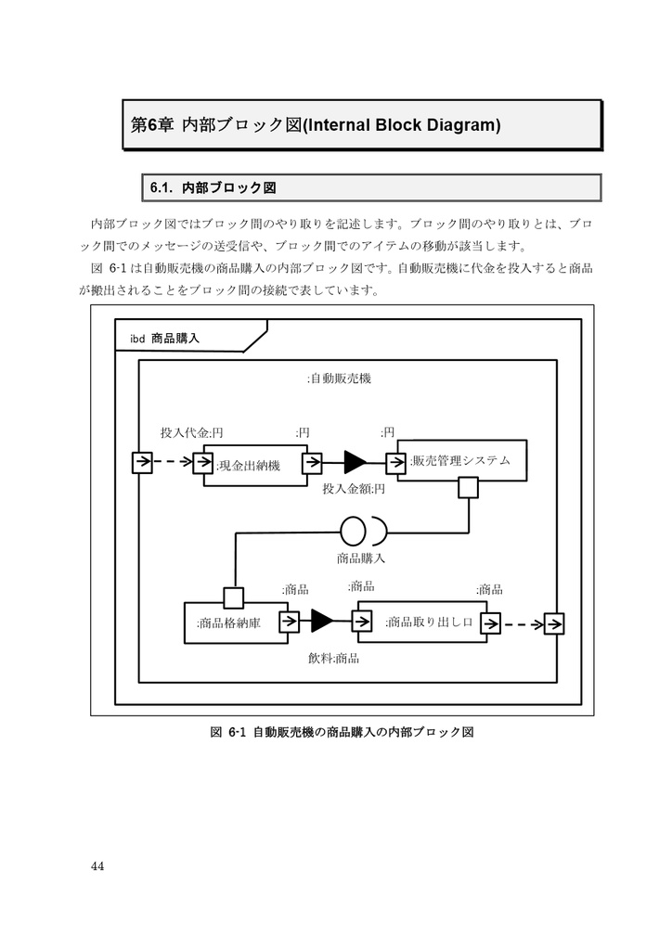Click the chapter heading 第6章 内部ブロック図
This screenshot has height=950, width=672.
pos(313,125)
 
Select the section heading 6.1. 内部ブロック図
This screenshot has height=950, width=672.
pos(213,187)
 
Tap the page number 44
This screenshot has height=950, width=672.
pos(97,867)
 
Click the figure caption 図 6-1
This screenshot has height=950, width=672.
pos(343,732)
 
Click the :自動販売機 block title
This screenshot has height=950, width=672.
pos(339,379)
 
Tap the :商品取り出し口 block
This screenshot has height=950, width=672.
pos(427,622)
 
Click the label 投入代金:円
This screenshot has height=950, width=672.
pos(191,432)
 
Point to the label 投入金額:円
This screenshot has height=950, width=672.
pos(353,488)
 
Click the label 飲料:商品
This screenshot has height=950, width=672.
pos(334,658)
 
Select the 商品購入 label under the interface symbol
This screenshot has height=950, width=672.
pos(361,558)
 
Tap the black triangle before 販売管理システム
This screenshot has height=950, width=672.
pos(355,461)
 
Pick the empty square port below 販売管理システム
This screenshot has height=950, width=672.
pos(467,487)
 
